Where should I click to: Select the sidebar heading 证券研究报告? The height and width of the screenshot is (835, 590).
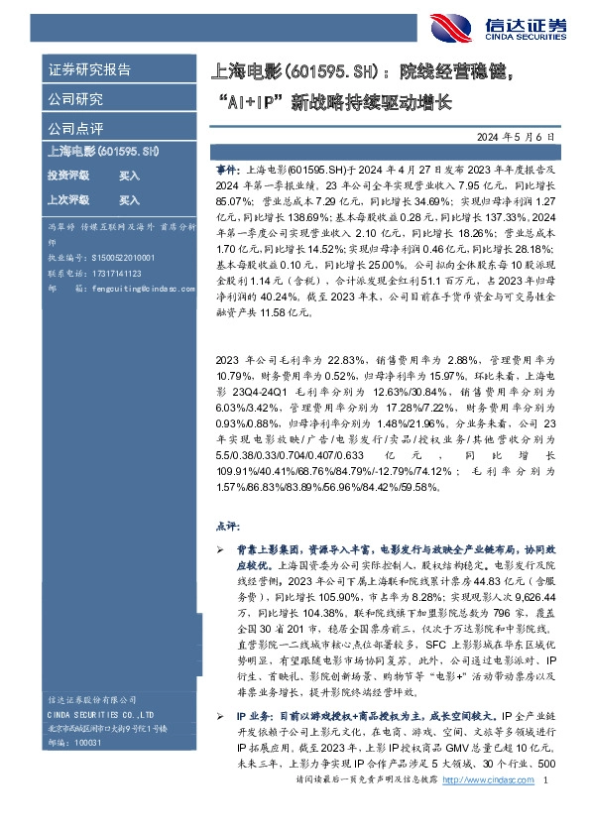pyautogui.click(x=88, y=70)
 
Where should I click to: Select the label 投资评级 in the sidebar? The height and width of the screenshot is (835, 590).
pyautogui.click(x=68, y=175)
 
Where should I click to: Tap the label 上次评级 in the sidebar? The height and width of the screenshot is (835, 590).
pyautogui.click(x=68, y=198)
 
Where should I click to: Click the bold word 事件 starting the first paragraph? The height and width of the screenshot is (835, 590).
pyautogui.click(x=226, y=171)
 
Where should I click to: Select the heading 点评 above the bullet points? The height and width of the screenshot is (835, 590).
pyautogui.click(x=227, y=525)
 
